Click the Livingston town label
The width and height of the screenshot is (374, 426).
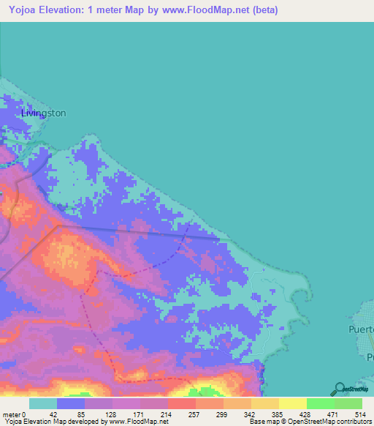[x=44, y=113]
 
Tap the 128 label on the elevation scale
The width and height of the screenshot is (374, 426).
[x=111, y=414]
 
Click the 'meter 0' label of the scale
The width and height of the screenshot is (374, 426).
[x=13, y=414]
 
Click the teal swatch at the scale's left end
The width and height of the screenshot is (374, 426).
[x=43, y=403]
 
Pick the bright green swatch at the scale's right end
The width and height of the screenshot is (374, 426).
[x=348, y=403]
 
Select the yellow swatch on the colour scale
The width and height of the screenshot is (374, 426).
[x=293, y=403]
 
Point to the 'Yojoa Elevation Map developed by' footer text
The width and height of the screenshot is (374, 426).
[x=51, y=422]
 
